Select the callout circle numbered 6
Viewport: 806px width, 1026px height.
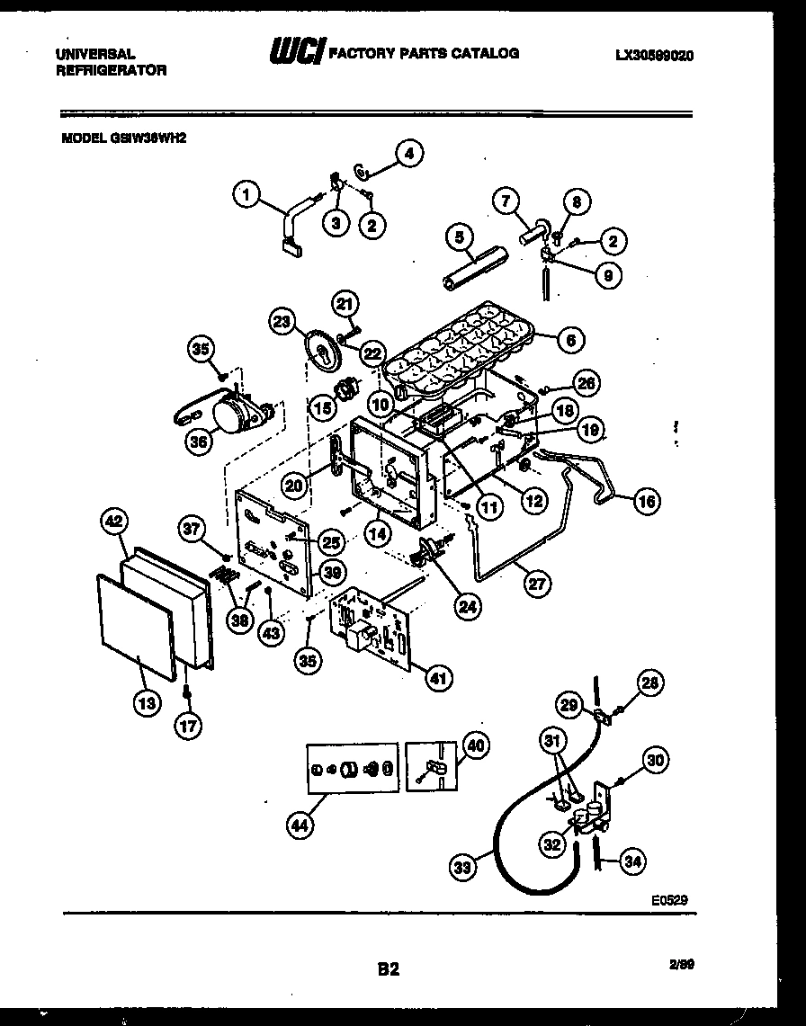click(x=569, y=339)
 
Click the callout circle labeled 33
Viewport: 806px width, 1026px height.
click(x=462, y=868)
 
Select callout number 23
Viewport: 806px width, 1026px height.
click(x=282, y=322)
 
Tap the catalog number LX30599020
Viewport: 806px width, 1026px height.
click(x=654, y=55)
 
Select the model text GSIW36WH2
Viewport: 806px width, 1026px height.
click(x=124, y=139)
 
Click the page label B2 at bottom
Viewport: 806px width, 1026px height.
click(x=388, y=969)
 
